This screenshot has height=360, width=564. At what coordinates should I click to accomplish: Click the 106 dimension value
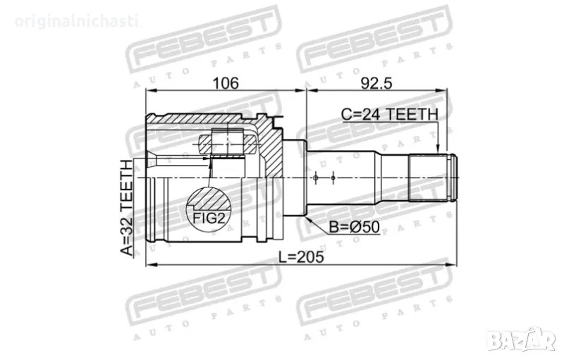[225, 82]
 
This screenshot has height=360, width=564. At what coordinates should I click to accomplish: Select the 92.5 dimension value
[376, 82]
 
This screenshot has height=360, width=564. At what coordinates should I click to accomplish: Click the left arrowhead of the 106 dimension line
[149, 91]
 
